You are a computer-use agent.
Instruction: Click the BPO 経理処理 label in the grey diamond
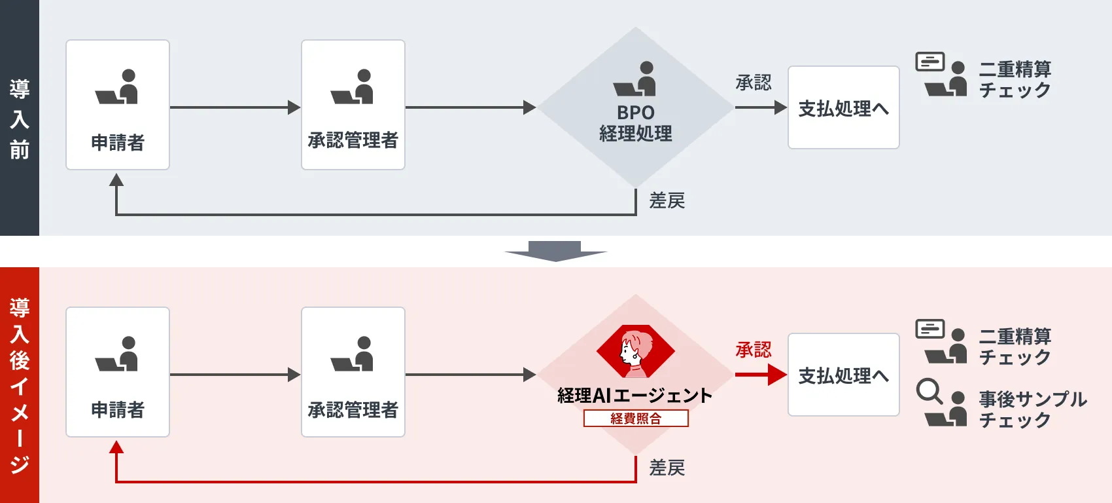pyautogui.click(x=635, y=123)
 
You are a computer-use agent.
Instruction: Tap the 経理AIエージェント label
pyautogui.click(x=634, y=396)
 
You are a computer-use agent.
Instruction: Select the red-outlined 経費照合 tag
pyautogui.click(x=636, y=419)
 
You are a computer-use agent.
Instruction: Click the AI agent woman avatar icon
pyautogui.click(x=635, y=352)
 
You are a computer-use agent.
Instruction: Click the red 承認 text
pyautogui.click(x=754, y=350)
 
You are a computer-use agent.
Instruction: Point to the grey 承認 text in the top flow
pyautogui.click(x=754, y=83)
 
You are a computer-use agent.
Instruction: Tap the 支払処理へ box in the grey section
pyautogui.click(x=843, y=108)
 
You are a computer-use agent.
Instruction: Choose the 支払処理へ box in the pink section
pyautogui.click(x=843, y=375)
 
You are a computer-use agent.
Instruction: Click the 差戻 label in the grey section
pyautogui.click(x=667, y=200)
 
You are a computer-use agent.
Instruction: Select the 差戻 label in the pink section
pyautogui.click(x=667, y=468)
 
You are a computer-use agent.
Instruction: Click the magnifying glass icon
pyautogui.click(x=929, y=391)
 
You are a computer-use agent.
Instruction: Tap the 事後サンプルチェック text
pyautogui.click(x=1032, y=409)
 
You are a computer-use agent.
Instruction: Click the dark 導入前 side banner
pyautogui.click(x=20, y=118)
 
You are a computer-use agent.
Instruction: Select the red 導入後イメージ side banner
pyautogui.click(x=20, y=385)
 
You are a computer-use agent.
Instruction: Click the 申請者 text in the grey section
pyautogui.click(x=118, y=143)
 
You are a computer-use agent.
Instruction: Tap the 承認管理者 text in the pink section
pyautogui.click(x=353, y=410)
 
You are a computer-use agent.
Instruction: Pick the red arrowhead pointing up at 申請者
pyautogui.click(x=116, y=447)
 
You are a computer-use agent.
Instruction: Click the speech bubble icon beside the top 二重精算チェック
pyautogui.click(x=930, y=62)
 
